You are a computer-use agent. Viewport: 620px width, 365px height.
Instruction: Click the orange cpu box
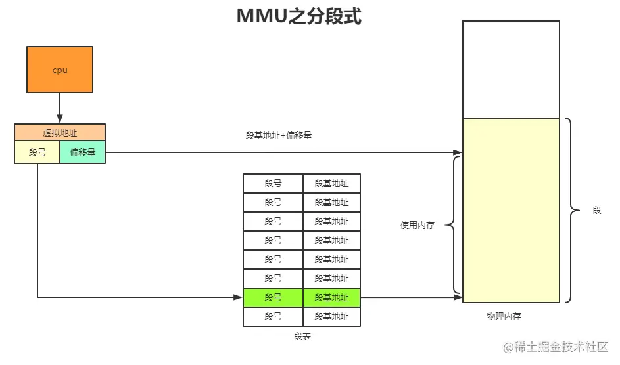pyautogui.click(x=60, y=70)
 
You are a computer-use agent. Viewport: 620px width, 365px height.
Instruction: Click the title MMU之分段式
pyautogui.click(x=299, y=16)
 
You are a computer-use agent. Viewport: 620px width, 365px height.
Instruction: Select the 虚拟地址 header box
pyautogui.click(x=60, y=133)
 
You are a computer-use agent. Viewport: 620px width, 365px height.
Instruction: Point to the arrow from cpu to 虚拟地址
pyautogui.click(x=60, y=108)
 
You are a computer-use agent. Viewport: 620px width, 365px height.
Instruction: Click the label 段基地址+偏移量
pyautogui.click(x=278, y=136)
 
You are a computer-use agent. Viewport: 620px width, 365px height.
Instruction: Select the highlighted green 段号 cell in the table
pyautogui.click(x=273, y=298)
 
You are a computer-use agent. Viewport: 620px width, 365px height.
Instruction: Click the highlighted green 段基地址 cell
pyautogui.click(x=331, y=298)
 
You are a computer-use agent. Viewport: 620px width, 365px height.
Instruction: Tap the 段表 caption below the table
pyautogui.click(x=302, y=337)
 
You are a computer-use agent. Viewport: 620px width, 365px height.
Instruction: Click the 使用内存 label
pyautogui.click(x=417, y=225)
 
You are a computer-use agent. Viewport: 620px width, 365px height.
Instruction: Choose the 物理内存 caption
pyautogui.click(x=504, y=317)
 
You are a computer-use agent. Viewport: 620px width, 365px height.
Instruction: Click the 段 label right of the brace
pyautogui.click(x=597, y=211)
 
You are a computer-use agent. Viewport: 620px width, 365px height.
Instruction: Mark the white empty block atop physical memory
pyautogui.click(x=511, y=70)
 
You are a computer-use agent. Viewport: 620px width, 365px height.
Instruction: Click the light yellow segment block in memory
pyautogui.click(x=511, y=210)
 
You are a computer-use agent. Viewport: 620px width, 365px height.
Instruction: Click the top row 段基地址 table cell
pyautogui.click(x=331, y=184)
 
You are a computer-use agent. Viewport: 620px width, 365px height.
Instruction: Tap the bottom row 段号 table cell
pyautogui.click(x=273, y=317)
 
